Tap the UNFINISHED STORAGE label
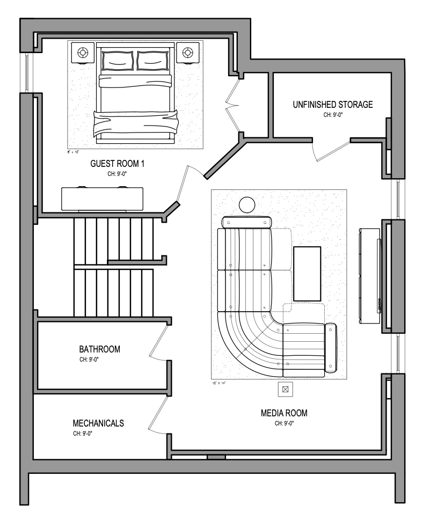(332, 105)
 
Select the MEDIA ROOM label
(284, 413)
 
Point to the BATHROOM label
(99, 349)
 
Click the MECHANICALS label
(98, 423)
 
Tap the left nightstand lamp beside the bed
(83, 53)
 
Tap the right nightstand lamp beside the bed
(187, 53)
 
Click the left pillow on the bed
(117, 60)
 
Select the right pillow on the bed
(154, 60)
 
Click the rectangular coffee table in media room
(307, 274)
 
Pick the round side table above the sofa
(247, 205)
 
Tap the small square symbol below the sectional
(286, 390)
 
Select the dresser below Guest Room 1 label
(102, 199)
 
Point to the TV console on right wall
(370, 276)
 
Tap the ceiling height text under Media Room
(284, 423)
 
